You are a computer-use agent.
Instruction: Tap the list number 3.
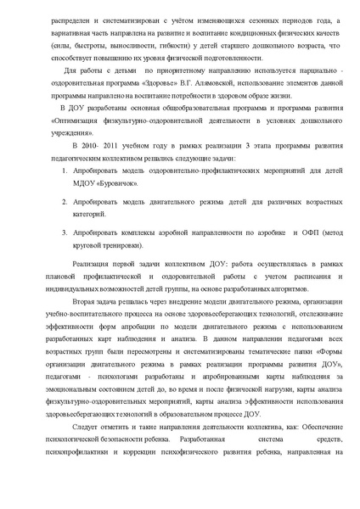[x=65, y=232]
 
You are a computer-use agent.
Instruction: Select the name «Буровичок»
[x=108, y=182]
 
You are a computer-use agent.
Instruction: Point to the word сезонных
[x=260, y=19]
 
